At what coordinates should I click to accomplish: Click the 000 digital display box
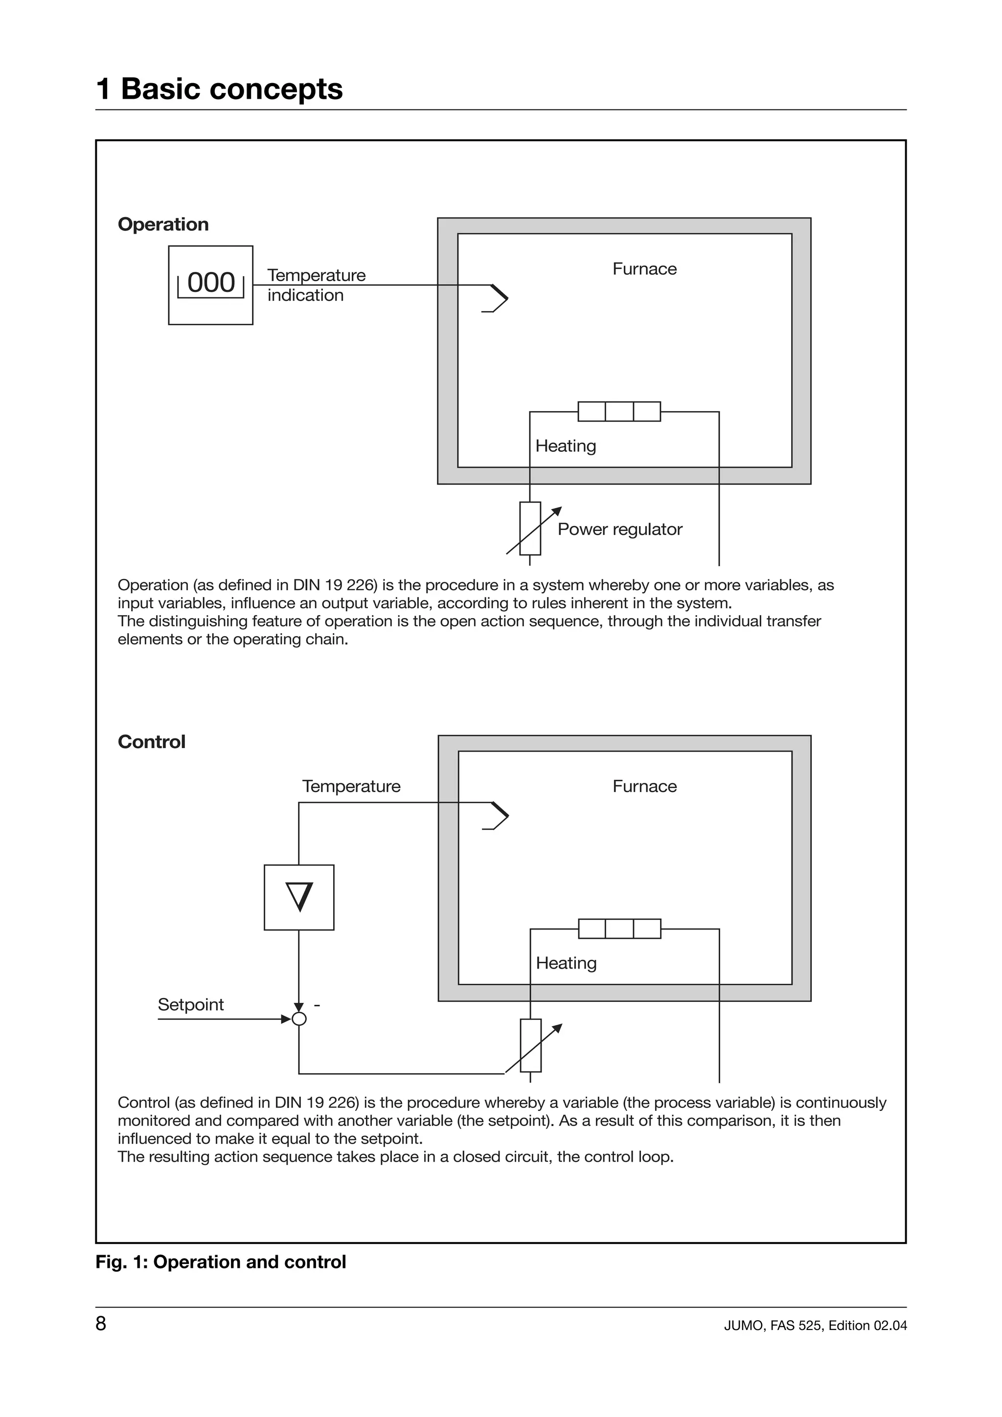[x=210, y=285]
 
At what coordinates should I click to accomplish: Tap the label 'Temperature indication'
[x=316, y=285]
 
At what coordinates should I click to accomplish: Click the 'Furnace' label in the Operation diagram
[x=644, y=268]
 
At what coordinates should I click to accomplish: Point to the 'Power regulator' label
[x=619, y=529]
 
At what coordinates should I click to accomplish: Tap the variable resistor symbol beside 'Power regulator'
[x=530, y=529]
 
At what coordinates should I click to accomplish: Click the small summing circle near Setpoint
[x=299, y=1019]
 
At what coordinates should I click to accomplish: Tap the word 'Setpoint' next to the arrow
[x=191, y=1004]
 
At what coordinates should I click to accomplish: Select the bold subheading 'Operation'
[x=163, y=224]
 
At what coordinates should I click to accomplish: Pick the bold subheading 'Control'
[x=151, y=741]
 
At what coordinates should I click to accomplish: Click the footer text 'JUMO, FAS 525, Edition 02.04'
[x=815, y=1325]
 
